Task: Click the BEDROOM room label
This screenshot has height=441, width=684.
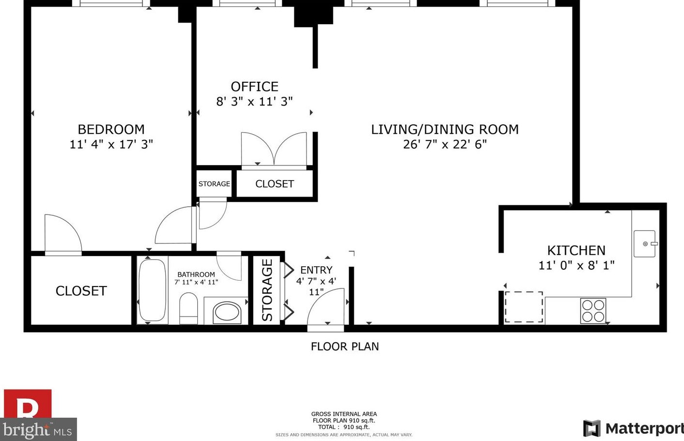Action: point(111,129)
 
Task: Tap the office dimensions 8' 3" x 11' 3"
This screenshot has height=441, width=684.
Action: point(254,102)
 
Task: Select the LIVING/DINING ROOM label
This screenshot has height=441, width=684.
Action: point(445,129)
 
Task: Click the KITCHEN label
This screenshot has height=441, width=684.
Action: point(576,250)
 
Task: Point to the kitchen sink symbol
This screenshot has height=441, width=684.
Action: point(645,243)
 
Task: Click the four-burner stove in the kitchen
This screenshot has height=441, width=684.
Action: point(593,311)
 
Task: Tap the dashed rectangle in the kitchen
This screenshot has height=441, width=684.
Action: point(524,306)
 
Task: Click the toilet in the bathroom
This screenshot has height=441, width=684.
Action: point(189,308)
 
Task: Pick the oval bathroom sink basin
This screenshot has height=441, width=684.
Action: point(227,312)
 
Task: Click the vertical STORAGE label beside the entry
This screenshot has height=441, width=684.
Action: point(267,290)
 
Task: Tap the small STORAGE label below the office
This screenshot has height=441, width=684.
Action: point(214,184)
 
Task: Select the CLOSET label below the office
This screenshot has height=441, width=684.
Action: point(275,184)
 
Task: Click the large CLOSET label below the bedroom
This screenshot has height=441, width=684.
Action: point(81,290)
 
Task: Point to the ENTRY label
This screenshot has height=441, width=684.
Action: point(316,270)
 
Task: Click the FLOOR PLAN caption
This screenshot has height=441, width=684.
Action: point(345,347)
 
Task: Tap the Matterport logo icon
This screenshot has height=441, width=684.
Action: point(592,428)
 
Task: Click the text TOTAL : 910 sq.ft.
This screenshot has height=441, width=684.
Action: point(344,427)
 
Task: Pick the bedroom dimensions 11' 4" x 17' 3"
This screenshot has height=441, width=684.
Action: point(111,144)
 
